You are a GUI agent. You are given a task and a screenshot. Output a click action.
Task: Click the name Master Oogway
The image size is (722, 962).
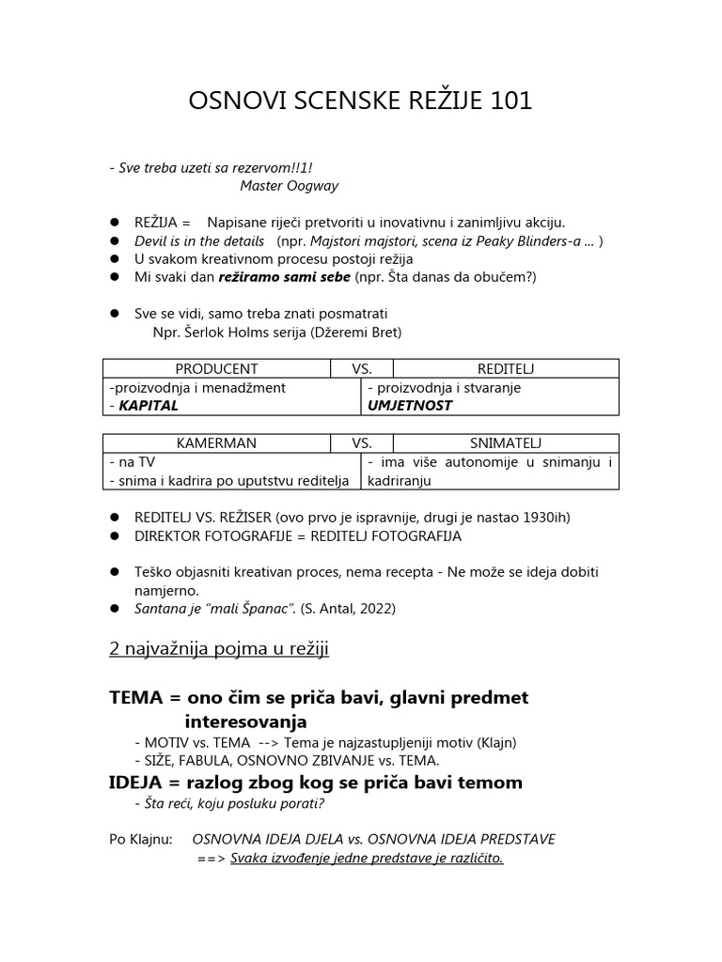[290, 186]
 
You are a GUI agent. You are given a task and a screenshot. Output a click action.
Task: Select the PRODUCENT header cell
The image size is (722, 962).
[216, 369]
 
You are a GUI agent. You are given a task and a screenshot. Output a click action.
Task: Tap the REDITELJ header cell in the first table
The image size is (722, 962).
[506, 369]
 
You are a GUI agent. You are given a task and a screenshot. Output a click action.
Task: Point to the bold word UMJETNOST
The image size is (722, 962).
[410, 406]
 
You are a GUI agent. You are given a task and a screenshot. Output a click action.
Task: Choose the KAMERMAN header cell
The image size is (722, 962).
[216, 443]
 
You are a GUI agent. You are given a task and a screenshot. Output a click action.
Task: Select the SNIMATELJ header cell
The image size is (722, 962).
[506, 443]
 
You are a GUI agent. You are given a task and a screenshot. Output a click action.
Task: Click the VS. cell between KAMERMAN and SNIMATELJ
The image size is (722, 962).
[362, 443]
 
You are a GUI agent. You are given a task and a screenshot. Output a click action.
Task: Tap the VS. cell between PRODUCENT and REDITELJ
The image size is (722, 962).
[362, 369]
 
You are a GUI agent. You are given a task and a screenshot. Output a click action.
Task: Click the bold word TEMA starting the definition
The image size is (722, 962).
[137, 698]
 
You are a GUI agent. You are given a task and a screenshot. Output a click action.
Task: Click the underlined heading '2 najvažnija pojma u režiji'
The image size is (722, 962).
[219, 649]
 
